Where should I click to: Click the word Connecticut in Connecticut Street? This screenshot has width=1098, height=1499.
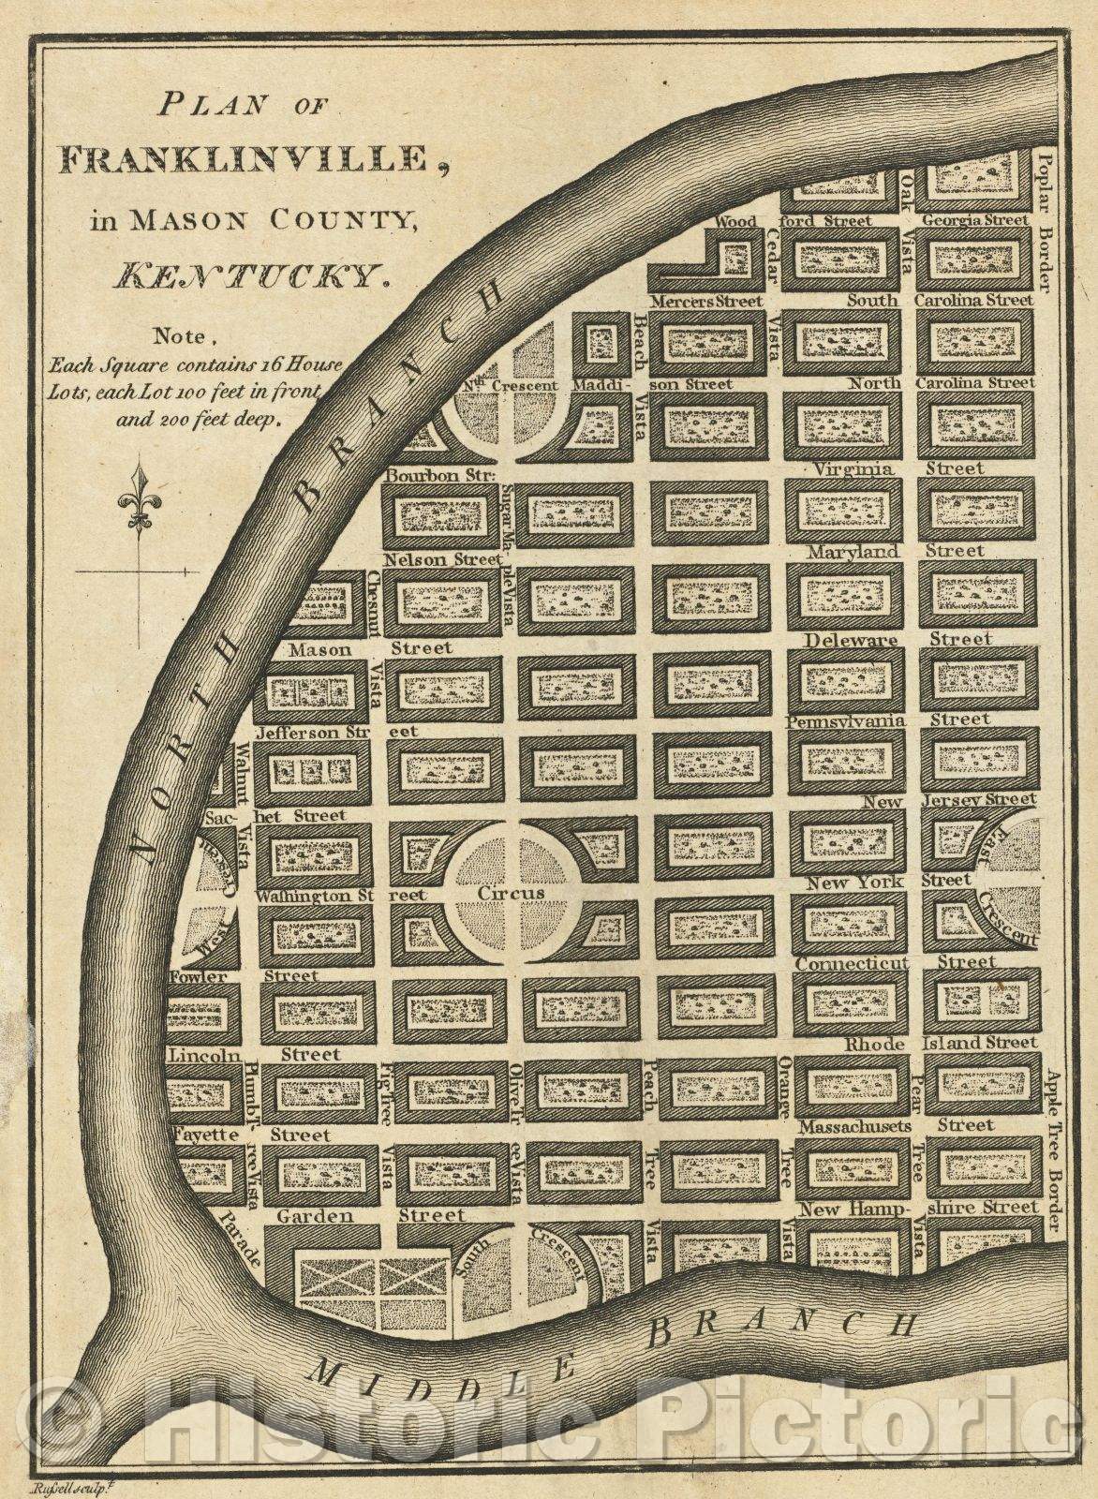tap(853, 963)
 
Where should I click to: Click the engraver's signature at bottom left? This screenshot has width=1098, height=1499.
tap(83, 1485)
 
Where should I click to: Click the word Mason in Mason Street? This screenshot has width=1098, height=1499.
tap(319, 649)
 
